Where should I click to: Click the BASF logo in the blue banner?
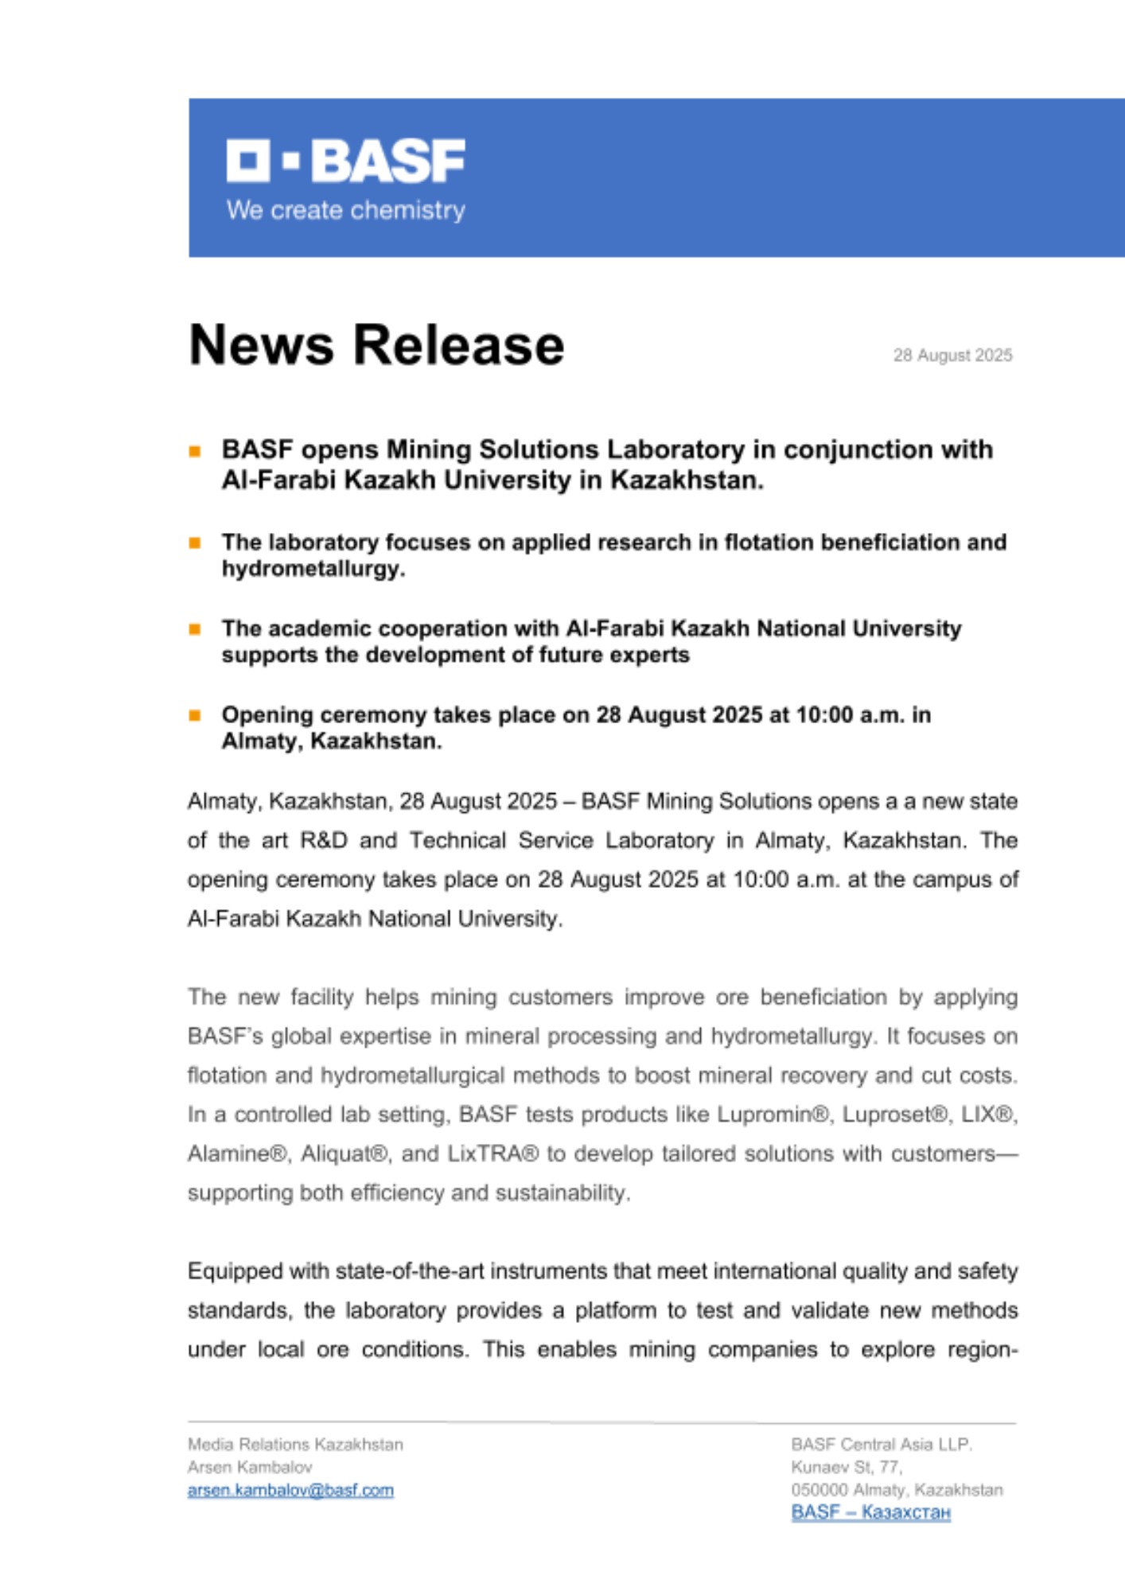click(x=345, y=161)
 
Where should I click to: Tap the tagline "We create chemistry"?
click(x=345, y=210)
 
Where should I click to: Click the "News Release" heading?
click(x=376, y=345)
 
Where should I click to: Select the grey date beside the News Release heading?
click(x=952, y=355)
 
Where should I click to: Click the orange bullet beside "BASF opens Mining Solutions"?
click(x=195, y=451)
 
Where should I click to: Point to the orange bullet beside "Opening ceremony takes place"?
click(x=195, y=715)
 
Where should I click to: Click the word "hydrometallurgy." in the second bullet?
click(x=313, y=569)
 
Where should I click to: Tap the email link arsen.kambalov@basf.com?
click(x=290, y=1490)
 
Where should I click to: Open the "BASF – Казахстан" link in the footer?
click(x=870, y=1512)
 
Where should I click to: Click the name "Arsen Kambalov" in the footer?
click(x=250, y=1467)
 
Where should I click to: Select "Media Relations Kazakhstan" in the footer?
click(x=295, y=1444)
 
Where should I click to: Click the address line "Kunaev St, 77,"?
click(x=847, y=1467)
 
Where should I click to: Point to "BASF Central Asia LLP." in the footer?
click(x=882, y=1444)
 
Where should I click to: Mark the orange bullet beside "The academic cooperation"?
click(x=195, y=629)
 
